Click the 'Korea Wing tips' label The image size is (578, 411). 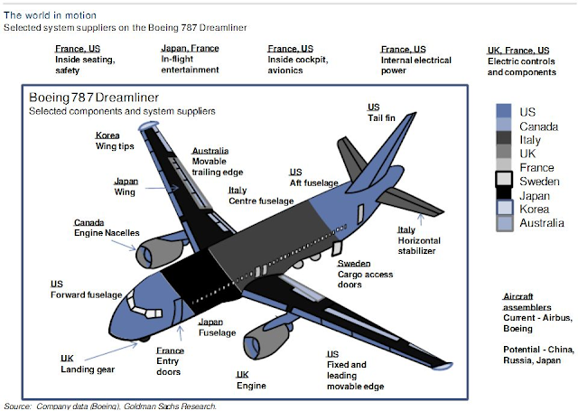pyautogui.click(x=115, y=142)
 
